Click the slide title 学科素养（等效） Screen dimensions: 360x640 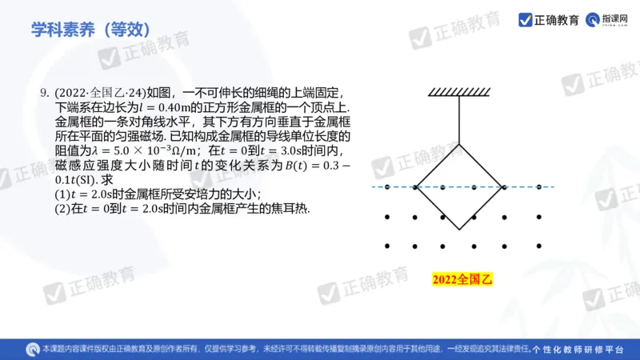90,30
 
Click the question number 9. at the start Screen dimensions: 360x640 45,93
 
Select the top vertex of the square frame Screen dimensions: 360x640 459,144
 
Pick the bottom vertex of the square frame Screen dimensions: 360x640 459,230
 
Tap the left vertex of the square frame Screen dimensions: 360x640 416,187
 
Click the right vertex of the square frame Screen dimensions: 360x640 502,187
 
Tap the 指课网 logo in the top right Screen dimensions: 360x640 607,19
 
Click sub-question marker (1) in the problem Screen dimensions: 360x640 62,194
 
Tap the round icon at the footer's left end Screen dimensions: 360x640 33,350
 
